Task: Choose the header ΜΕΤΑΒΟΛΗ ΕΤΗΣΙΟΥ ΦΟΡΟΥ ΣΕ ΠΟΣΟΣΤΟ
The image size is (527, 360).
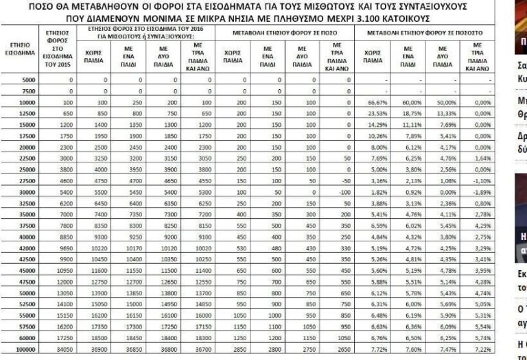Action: click(424, 32)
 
